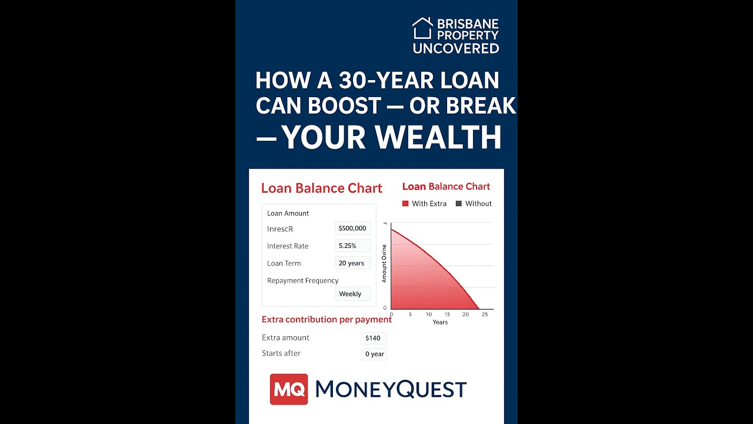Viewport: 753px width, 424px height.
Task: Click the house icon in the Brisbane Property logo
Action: [422, 28]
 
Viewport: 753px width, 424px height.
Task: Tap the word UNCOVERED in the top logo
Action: [456, 49]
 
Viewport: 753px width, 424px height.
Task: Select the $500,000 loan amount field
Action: [352, 228]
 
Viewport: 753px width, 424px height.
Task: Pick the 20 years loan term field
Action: [352, 263]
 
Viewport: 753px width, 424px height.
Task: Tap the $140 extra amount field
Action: [373, 338]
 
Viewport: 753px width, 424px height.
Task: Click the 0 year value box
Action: [374, 354]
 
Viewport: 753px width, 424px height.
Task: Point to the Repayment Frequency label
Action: [302, 280]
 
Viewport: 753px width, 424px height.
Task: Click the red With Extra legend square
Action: [405, 204]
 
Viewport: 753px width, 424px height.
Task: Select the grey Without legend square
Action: [459, 204]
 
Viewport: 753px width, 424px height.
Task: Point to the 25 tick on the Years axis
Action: [485, 314]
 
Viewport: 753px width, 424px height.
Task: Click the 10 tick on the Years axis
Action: [429, 314]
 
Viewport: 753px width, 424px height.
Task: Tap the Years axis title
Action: [440, 322]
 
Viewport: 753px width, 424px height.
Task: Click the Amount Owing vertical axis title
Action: [384, 263]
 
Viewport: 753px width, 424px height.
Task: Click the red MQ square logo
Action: [289, 389]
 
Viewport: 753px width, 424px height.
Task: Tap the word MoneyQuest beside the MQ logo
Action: [391, 389]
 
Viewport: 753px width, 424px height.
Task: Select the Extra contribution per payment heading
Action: [326, 319]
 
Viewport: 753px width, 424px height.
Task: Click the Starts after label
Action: [281, 353]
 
